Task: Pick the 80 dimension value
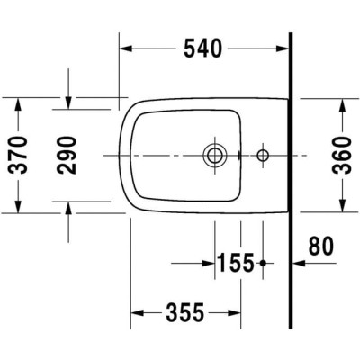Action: click(x=320, y=244)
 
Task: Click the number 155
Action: click(x=236, y=263)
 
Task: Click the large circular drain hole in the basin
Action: click(x=214, y=155)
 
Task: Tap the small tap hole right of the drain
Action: click(x=263, y=155)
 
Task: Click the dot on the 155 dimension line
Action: click(x=262, y=263)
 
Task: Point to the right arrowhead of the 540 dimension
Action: click(x=283, y=49)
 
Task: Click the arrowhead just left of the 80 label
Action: click(x=300, y=263)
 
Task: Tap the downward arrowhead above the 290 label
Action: click(x=69, y=102)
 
